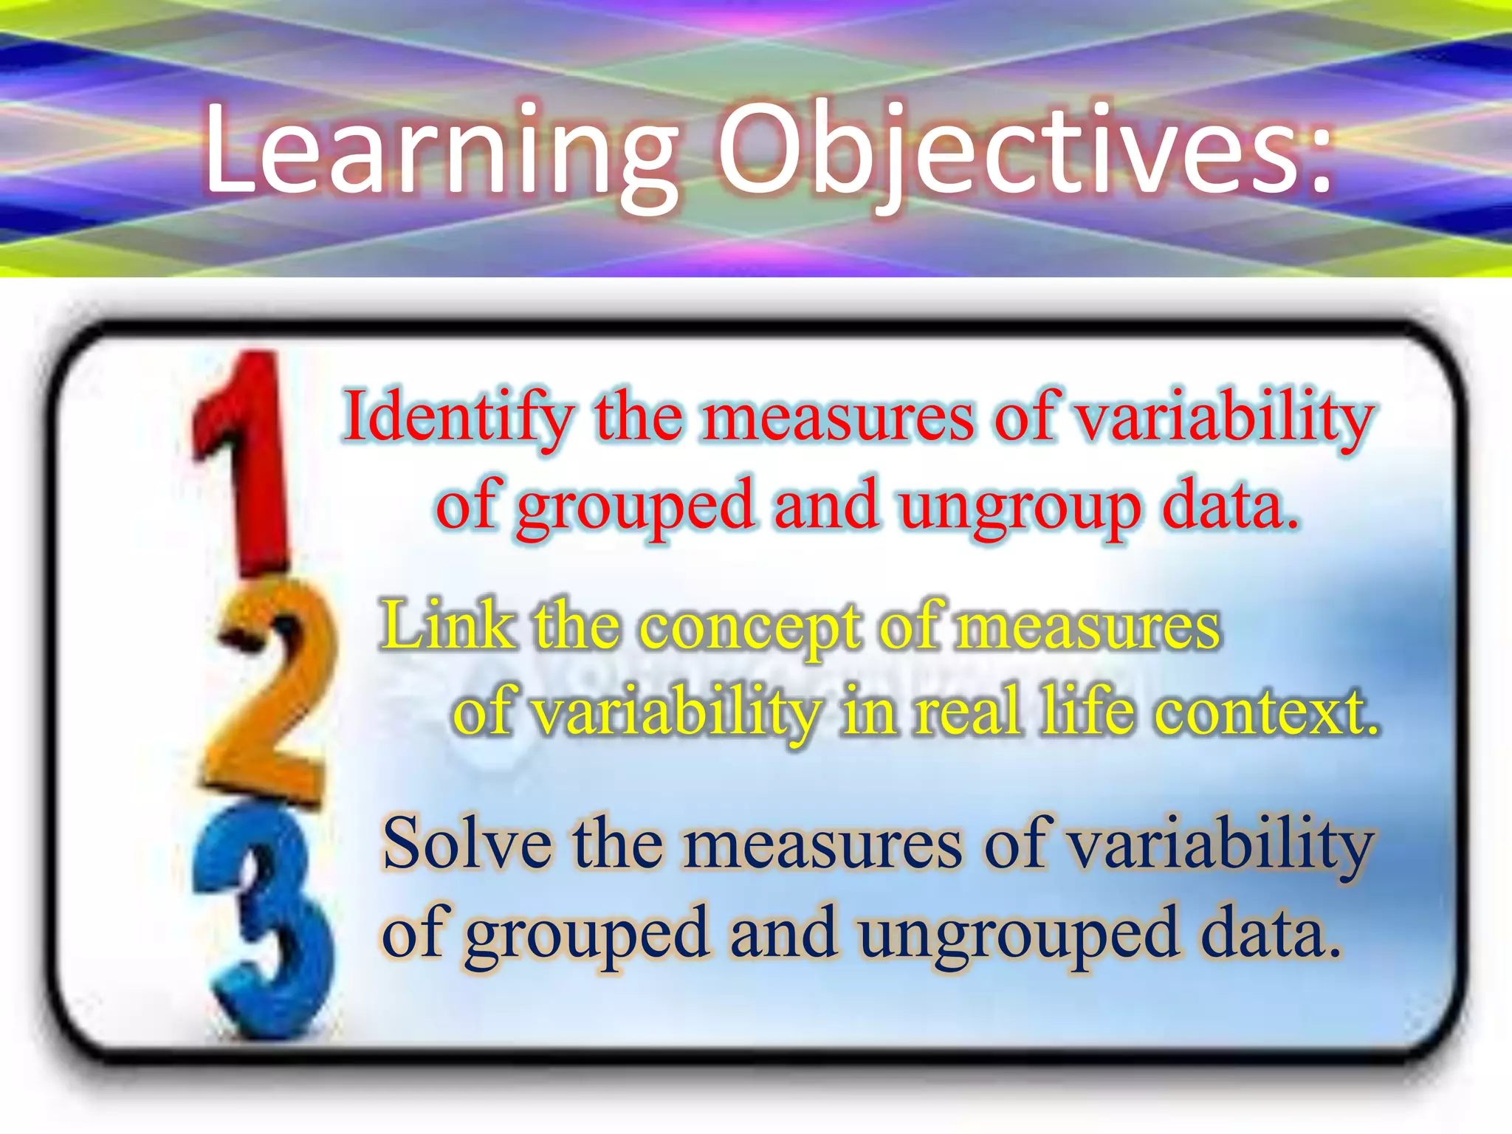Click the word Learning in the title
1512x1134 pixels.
441,151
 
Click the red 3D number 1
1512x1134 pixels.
244,458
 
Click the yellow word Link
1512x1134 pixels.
448,626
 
